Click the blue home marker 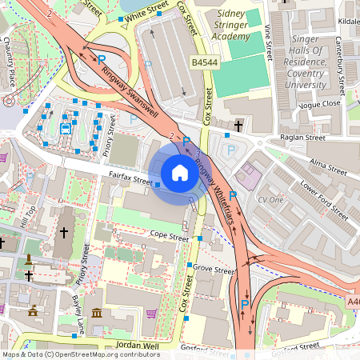pos(180,172)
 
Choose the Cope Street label pos(170,237)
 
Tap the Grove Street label pos(214,270)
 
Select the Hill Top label pos(31,217)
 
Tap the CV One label pos(270,199)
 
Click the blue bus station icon pos(65,127)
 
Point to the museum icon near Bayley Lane pos(97,311)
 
